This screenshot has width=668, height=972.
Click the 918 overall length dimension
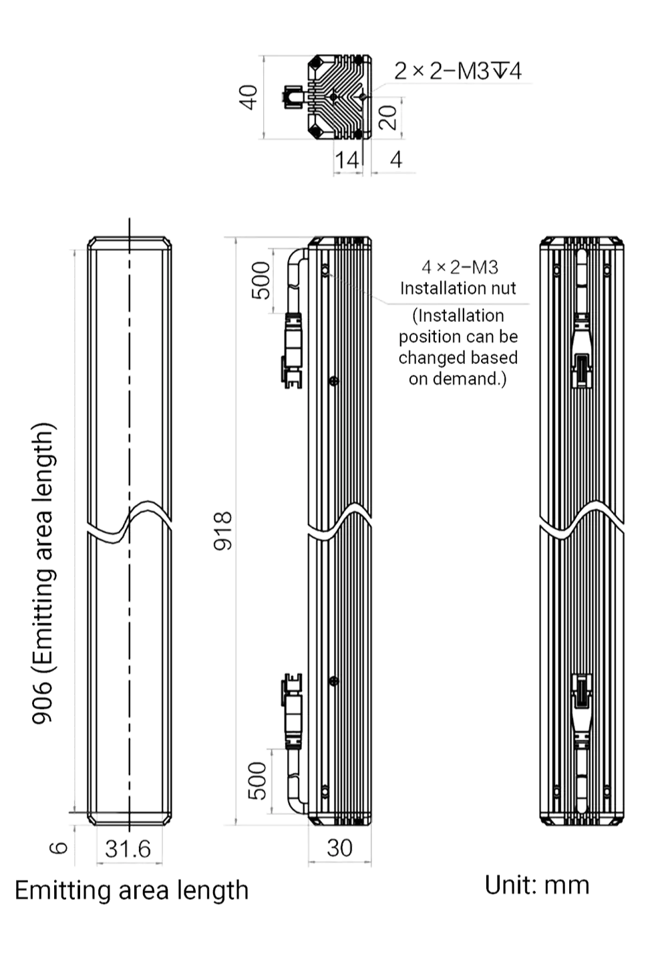tap(223, 530)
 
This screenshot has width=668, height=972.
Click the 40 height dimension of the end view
tap(248, 98)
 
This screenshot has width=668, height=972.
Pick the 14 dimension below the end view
tap(347, 160)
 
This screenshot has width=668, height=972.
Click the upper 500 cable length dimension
tap(261, 281)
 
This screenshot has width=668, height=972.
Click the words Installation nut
tap(458, 288)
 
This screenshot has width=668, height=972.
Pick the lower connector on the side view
tap(293, 711)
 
